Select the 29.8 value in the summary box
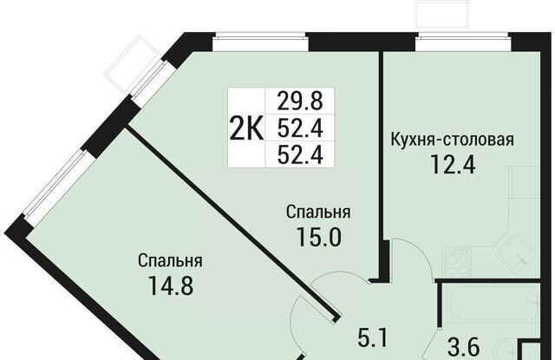[300, 101]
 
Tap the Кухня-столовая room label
[453, 140]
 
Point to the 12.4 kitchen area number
[453, 165]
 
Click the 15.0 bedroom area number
[319, 237]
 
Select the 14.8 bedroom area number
[171, 285]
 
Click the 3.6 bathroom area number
[464, 348]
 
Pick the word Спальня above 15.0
[318, 213]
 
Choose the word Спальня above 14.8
[170, 261]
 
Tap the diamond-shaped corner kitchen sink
[516, 253]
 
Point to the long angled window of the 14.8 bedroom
[54, 184]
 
